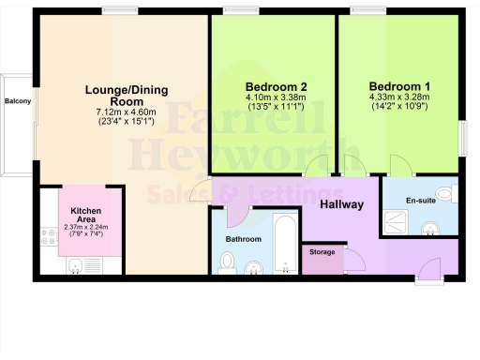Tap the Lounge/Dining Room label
tap(126, 95)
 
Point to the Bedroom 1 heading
tap(399, 81)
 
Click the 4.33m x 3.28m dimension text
tap(399, 95)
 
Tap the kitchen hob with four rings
tap(49, 240)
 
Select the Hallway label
tap(342, 204)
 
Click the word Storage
tap(323, 252)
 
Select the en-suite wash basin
tap(431, 229)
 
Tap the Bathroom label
tap(243, 240)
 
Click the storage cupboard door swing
tap(354, 260)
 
